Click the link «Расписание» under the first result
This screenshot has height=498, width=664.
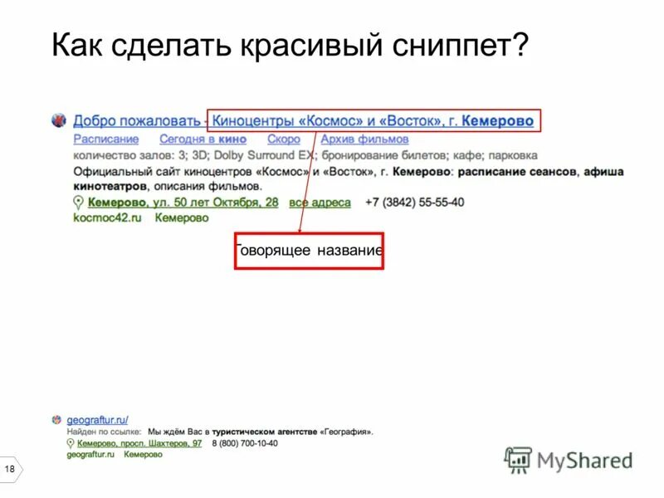pos(105,139)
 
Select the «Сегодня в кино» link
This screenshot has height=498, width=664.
pos(203,139)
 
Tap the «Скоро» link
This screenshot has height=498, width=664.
pos(283,139)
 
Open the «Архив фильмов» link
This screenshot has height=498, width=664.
pos(364,139)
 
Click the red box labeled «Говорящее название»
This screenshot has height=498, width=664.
pos(309,251)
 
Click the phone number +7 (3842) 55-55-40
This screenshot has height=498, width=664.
pos(414,203)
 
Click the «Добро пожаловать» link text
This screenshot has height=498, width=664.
pos(136,121)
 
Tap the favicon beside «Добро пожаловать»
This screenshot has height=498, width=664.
pos(58,120)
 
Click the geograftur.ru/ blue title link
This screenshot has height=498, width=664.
pos(97,420)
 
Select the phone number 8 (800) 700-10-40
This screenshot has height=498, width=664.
pos(244,443)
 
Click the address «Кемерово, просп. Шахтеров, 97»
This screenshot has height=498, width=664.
pos(139,443)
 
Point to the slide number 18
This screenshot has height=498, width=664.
pos(10,471)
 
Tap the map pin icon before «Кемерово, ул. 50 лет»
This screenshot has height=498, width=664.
pos(79,203)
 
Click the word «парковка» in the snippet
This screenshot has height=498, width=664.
pos(512,155)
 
